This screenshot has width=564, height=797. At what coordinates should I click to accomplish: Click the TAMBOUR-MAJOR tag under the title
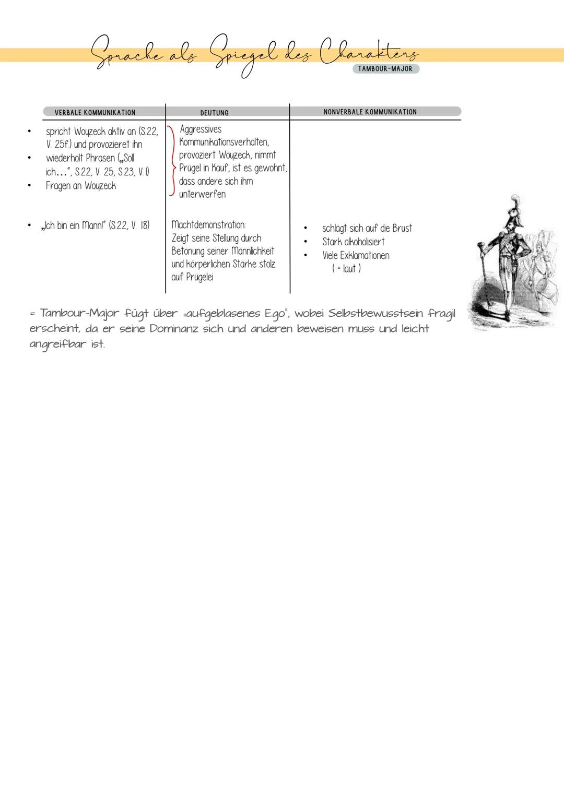385,69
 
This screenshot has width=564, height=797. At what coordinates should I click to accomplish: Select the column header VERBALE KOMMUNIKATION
95,112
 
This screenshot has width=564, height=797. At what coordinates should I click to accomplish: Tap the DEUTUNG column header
214,113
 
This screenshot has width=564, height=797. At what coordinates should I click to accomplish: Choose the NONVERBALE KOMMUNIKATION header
370,112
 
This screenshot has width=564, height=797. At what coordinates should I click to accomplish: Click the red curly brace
171,161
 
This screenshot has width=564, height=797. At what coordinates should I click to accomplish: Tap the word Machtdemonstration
208,225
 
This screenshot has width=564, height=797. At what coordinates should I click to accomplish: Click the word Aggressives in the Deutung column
201,129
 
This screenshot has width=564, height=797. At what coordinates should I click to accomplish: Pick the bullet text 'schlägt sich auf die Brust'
367,228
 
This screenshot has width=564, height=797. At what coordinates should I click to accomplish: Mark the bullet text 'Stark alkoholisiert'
353,242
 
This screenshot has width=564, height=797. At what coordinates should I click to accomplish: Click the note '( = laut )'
346,268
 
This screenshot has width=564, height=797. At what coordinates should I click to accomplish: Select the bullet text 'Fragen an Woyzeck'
80,186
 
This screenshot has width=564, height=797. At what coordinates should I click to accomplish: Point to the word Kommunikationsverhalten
224,142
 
